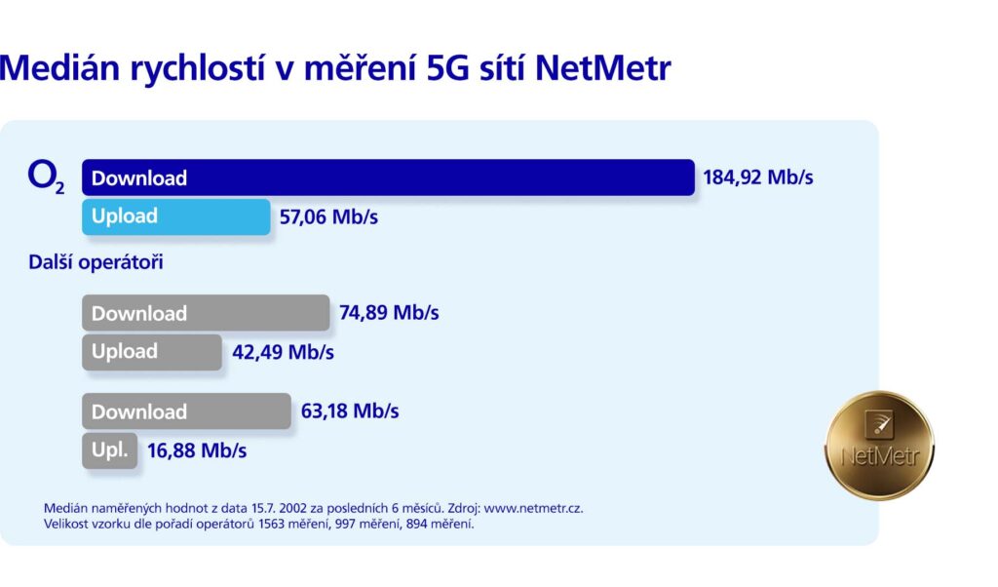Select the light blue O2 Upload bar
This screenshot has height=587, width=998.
tap(175, 216)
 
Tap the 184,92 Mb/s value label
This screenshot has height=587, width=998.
tap(757, 177)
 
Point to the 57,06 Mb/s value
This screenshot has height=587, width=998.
tap(328, 216)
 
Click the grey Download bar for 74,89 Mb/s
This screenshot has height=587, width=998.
tap(206, 313)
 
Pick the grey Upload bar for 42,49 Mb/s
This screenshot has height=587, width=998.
tap(152, 352)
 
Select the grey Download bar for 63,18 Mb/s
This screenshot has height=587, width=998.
tap(186, 411)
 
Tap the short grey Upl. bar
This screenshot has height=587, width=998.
tap(109, 450)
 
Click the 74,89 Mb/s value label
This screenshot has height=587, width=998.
tap(389, 313)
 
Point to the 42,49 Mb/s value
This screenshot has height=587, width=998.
tap(283, 352)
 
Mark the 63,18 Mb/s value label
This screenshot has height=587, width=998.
tap(350, 411)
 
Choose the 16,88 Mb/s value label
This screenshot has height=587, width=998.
tap(197, 450)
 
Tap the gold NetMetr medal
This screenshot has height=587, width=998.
tap(879, 445)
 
